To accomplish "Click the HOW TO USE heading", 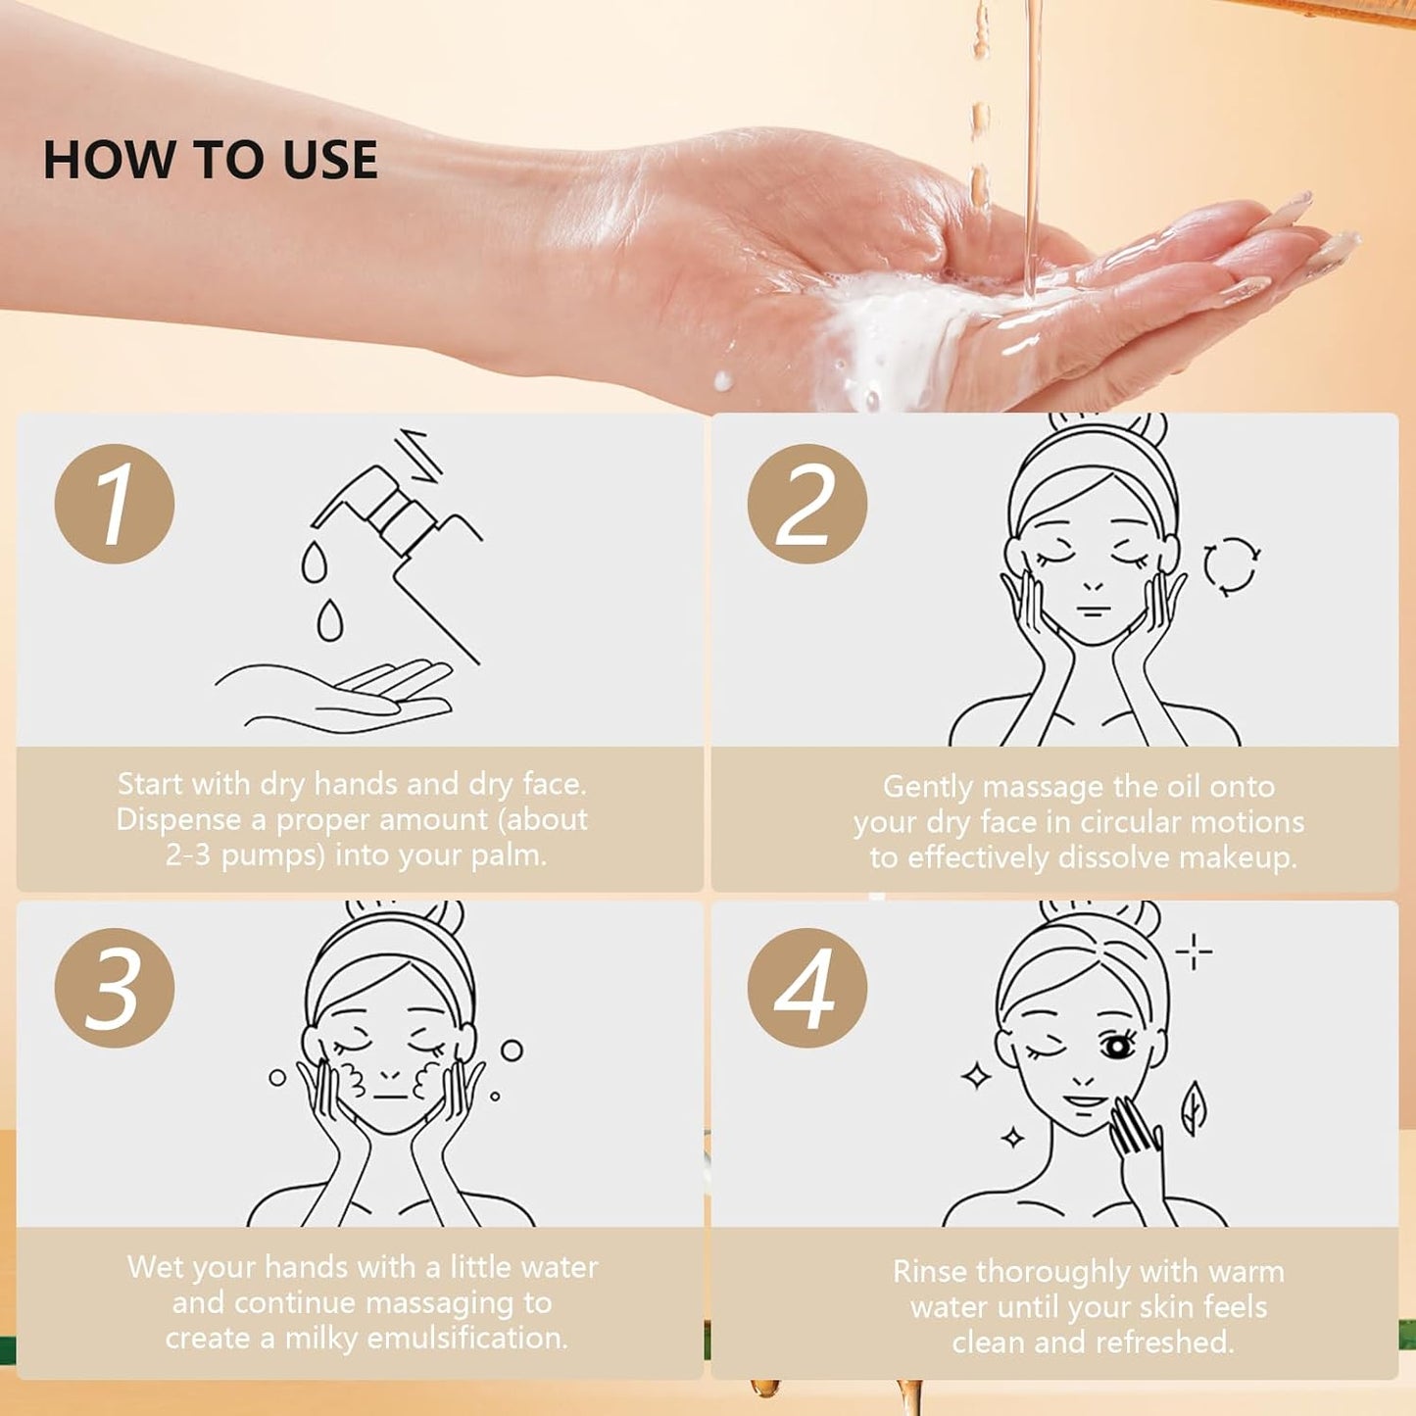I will click(210, 161).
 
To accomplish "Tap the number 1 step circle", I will click(115, 504).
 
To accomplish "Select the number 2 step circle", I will click(806, 504).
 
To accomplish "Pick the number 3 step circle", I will click(115, 988).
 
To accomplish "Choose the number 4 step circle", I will click(806, 988).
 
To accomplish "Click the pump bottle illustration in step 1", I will click(412, 539).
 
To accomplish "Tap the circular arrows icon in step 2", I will click(1231, 565).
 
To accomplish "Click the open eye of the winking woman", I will click(1116, 1048).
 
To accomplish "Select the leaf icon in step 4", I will click(1193, 1107).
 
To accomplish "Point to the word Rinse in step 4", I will click(930, 1271).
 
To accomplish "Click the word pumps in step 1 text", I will click(272, 854).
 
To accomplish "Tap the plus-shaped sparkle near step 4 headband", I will click(1194, 951).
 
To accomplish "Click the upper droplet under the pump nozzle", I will click(314, 563).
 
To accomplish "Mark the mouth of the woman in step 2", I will click(1094, 610).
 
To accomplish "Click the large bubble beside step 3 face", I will click(512, 1050).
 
